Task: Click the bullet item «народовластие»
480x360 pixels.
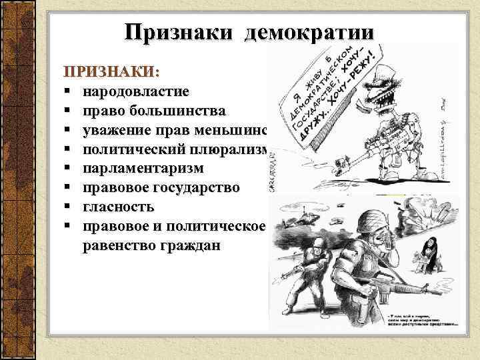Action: click(136, 90)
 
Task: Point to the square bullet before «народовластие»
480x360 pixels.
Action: click(68, 91)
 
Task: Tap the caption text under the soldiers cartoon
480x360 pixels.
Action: click(421, 318)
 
